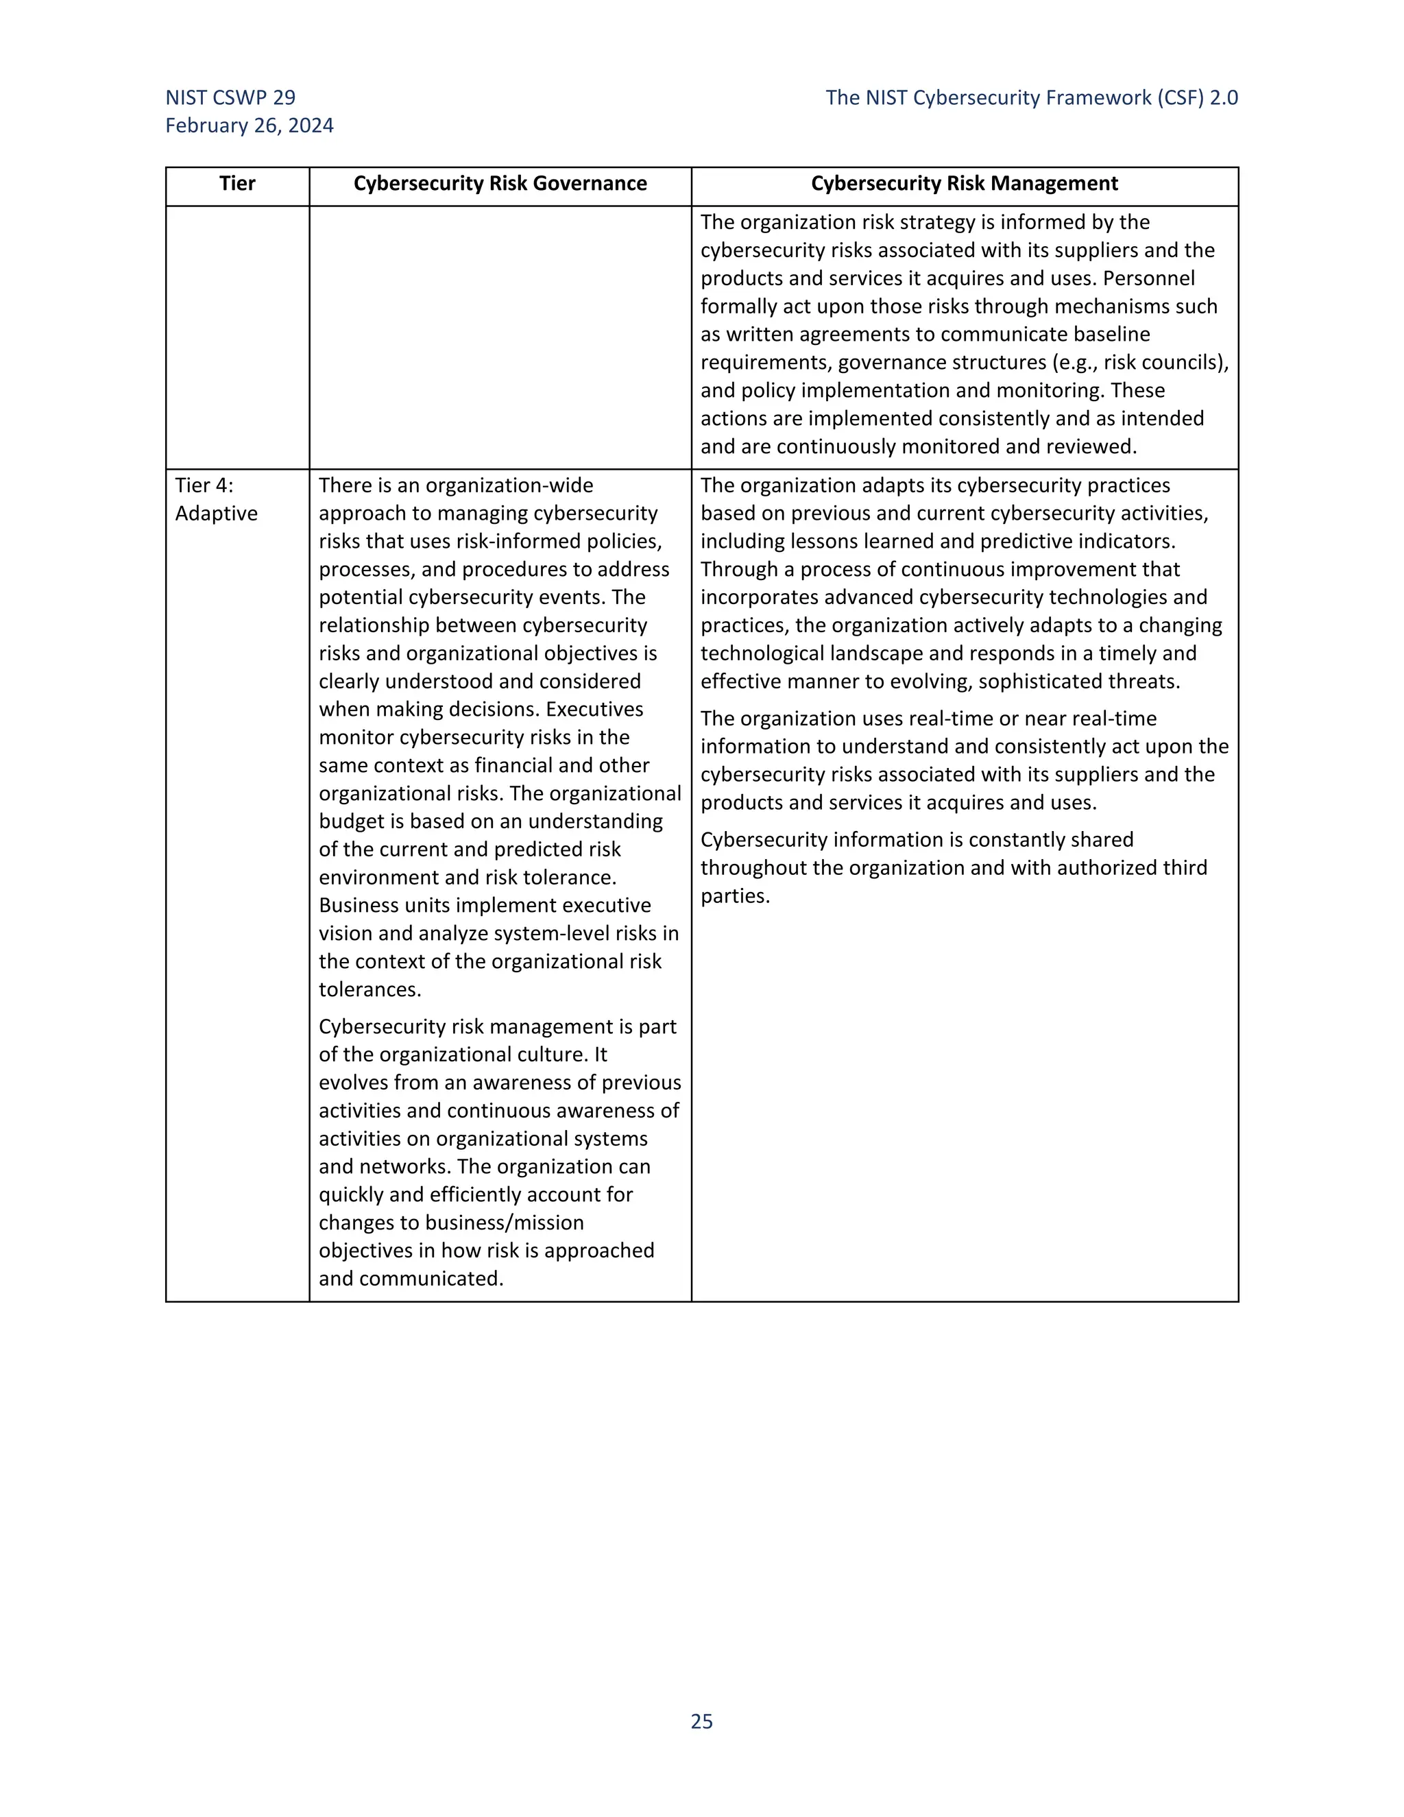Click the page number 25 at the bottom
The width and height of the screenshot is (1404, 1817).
(x=701, y=1721)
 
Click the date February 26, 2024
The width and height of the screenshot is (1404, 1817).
(x=250, y=125)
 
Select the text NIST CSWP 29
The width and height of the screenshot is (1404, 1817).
(x=230, y=97)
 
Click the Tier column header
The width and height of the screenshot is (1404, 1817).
(x=237, y=184)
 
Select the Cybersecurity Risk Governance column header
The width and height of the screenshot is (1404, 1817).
(x=500, y=184)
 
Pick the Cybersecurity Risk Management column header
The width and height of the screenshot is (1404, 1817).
(x=964, y=184)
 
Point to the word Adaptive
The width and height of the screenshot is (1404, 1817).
(x=216, y=514)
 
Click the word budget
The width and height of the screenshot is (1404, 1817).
(x=350, y=821)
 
